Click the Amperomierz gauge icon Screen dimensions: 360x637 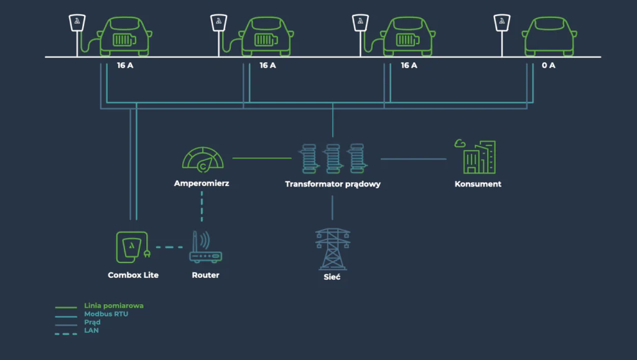coord(202,158)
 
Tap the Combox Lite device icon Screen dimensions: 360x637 coord(132,247)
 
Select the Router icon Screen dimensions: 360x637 coord(205,248)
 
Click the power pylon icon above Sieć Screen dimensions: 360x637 coord(333,248)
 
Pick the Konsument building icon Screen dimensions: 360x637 coord(478,157)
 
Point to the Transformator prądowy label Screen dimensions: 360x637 coord(333,184)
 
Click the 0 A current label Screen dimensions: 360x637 coord(548,65)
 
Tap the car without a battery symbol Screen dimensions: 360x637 coord(550,35)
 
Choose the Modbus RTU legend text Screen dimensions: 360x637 coord(106,314)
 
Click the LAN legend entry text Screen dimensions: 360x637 coord(91,330)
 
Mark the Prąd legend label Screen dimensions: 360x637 coord(93,322)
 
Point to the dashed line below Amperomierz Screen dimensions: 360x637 coord(202,206)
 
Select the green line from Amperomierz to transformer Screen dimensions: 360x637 coord(261,159)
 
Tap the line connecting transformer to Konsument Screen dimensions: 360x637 coord(413,159)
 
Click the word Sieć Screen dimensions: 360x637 coord(332,277)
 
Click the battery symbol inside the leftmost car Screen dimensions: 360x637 coord(123,40)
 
